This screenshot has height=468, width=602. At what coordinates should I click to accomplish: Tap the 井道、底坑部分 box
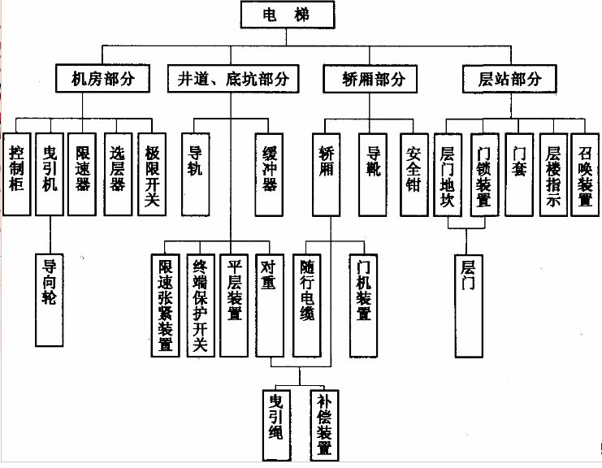[x=233, y=79]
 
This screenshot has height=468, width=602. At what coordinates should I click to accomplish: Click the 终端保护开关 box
[x=199, y=305]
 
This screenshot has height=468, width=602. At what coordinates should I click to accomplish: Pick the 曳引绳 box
[x=277, y=423]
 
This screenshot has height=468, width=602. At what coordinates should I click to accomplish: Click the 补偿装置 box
[x=323, y=423]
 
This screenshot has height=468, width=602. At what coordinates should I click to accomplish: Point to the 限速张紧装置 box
[x=165, y=305]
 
